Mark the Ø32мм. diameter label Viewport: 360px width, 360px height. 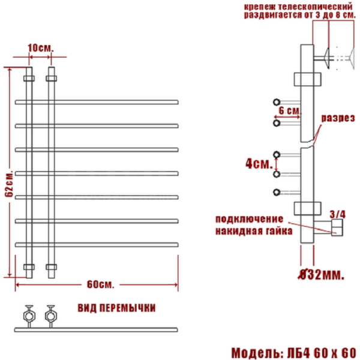click(322, 275)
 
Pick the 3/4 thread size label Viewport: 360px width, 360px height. click(338, 213)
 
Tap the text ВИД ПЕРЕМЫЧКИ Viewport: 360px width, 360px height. click(116, 308)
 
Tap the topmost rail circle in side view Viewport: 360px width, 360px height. click(277, 101)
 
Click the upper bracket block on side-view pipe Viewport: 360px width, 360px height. click(305, 80)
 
